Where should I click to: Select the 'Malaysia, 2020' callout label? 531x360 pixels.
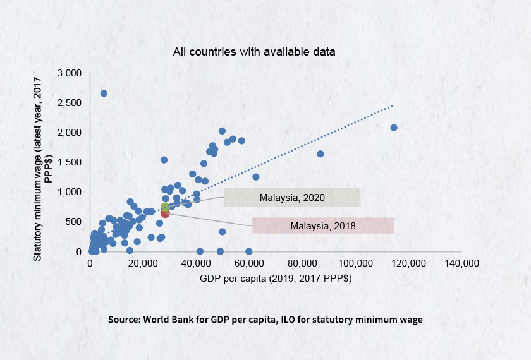point(292,198)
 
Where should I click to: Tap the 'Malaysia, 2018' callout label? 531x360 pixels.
point(323,225)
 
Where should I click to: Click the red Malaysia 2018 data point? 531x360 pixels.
point(165,213)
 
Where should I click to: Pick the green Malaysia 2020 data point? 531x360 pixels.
point(165,207)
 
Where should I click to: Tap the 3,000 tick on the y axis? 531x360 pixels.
point(70,73)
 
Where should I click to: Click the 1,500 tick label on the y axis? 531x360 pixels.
point(70,162)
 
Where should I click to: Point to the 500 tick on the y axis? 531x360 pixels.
point(74,222)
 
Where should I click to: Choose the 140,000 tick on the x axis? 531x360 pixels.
point(461,263)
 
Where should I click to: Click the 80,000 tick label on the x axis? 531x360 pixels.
point(302,263)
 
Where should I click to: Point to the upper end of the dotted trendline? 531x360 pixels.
point(393,105)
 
